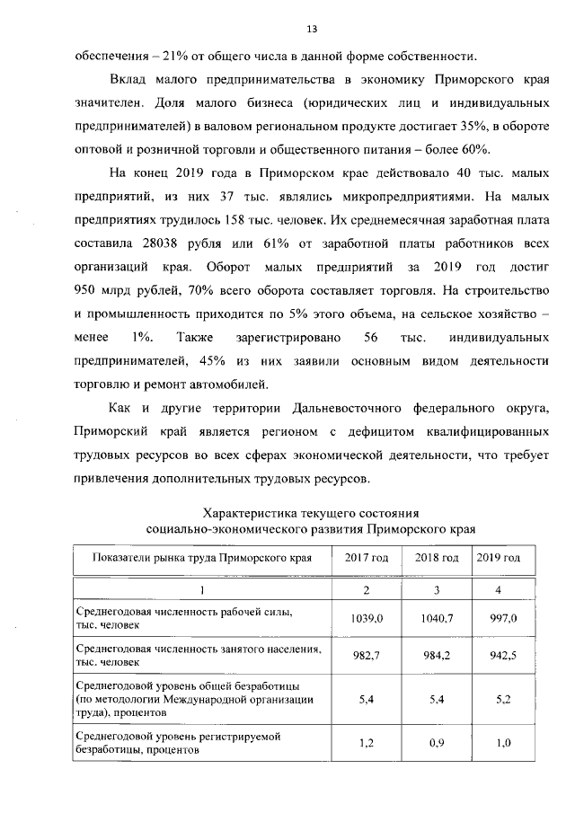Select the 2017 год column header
(x=367, y=558)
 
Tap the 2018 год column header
(x=437, y=558)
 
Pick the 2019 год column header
(x=499, y=558)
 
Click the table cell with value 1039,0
(x=367, y=619)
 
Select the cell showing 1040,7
(x=437, y=619)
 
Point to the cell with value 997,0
(x=499, y=619)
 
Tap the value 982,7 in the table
(x=367, y=657)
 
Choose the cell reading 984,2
(x=437, y=657)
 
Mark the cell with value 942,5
(x=499, y=657)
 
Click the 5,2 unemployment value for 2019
(x=499, y=701)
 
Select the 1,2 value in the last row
(x=367, y=744)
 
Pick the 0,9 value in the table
(x=437, y=744)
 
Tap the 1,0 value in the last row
(x=499, y=744)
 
